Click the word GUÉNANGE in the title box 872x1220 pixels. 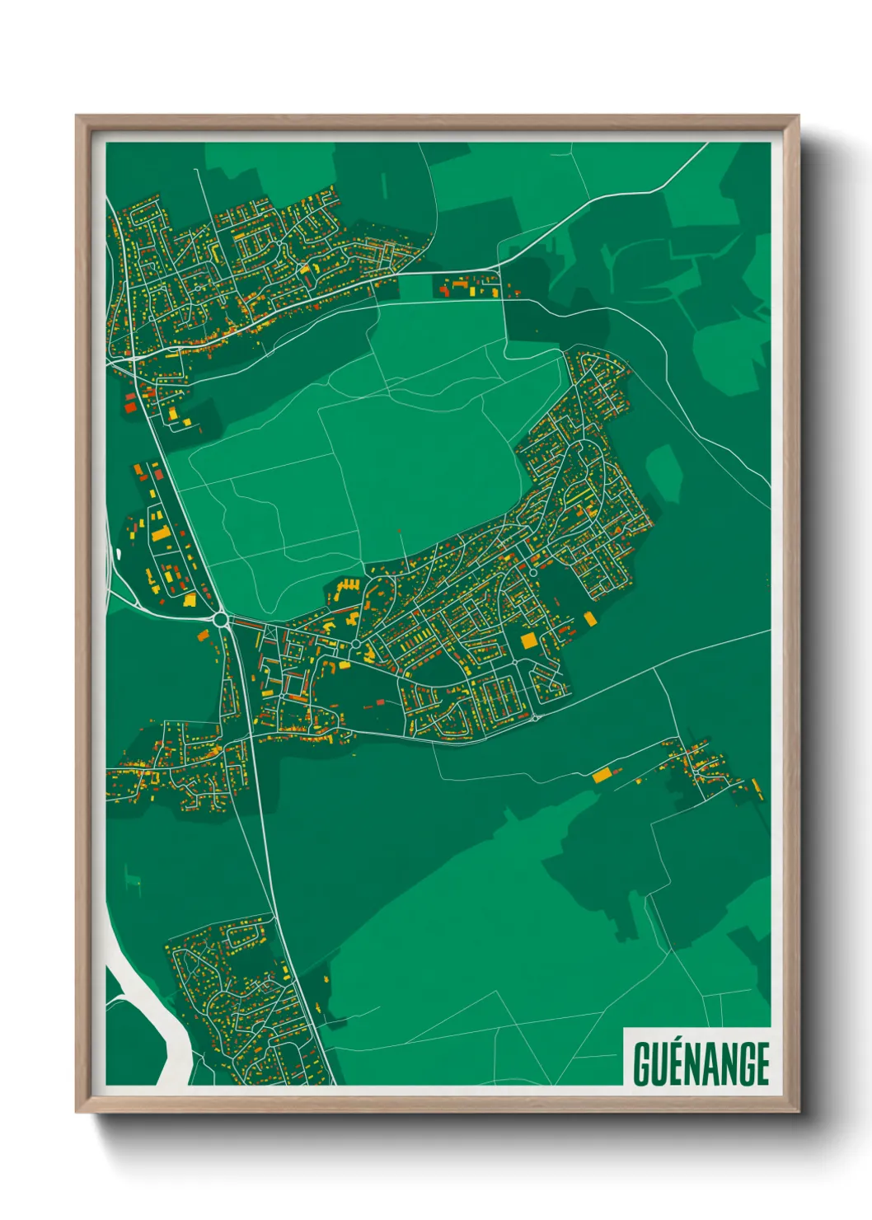701,1063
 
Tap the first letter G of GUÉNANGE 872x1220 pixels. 642,1063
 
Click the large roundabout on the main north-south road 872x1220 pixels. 220,618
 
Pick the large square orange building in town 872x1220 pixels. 528,640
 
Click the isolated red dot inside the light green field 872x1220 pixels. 400,533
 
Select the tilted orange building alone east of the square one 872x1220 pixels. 589,618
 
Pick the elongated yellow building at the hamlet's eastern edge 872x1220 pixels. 756,790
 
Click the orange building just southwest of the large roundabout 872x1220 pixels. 203,636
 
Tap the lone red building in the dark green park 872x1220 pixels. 380,702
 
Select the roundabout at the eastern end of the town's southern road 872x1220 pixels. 535,718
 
